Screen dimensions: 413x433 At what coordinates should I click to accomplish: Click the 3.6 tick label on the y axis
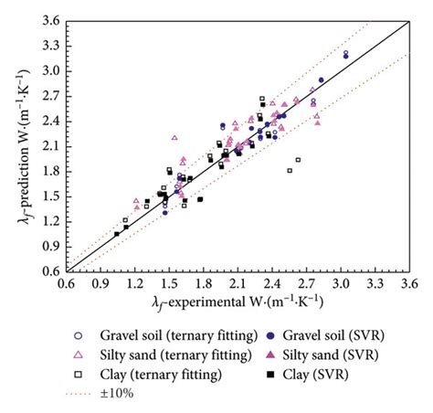50,20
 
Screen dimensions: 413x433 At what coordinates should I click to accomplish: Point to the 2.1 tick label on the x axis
235,284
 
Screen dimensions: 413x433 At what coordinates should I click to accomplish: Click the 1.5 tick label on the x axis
167,284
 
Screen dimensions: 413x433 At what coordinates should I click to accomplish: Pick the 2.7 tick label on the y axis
50,95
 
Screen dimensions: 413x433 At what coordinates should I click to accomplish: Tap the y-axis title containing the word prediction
20,146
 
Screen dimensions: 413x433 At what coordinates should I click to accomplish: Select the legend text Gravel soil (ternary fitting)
174,334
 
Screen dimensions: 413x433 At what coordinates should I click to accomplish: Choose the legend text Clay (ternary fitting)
161,375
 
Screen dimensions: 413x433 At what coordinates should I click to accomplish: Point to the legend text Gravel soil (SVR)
346,334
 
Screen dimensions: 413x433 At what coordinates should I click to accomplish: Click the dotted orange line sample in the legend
78,395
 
